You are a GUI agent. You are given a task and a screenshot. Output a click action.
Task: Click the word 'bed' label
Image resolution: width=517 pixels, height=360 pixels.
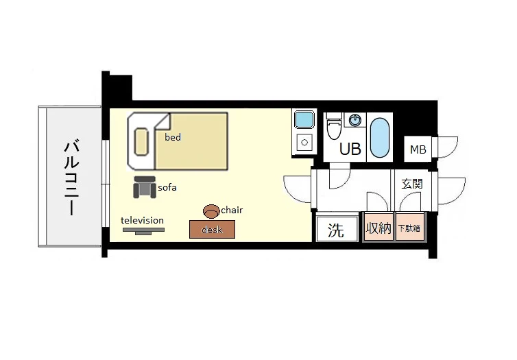[x=173, y=137]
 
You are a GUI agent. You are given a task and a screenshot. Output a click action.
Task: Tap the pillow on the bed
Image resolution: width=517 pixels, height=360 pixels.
[x=141, y=142]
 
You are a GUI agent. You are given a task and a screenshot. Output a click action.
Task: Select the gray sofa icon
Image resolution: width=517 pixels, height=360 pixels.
[x=145, y=187]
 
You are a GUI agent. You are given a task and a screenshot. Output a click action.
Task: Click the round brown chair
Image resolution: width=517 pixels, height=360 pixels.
[x=211, y=211]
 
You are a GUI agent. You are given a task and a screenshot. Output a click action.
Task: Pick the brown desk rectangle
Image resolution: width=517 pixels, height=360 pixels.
[x=212, y=230]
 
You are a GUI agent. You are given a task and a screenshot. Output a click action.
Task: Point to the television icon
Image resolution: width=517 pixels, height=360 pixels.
[x=143, y=231]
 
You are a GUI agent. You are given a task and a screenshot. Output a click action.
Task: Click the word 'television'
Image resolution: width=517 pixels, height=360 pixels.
[x=142, y=220]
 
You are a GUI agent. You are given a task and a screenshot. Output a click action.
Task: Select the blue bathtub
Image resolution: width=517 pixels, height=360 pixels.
[x=379, y=138]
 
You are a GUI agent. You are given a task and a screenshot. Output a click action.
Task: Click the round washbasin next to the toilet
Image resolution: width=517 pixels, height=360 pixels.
[x=354, y=120]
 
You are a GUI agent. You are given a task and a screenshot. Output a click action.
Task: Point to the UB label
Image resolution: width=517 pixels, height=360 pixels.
[x=350, y=149]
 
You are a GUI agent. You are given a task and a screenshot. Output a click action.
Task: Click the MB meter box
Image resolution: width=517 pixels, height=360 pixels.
[x=418, y=149]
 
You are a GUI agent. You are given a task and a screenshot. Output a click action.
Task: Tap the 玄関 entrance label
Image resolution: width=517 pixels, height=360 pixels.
[x=412, y=184]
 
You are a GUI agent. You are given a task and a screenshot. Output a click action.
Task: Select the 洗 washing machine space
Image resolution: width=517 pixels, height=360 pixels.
[x=337, y=229]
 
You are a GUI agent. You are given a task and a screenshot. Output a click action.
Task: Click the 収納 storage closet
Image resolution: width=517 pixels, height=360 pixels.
[x=378, y=228]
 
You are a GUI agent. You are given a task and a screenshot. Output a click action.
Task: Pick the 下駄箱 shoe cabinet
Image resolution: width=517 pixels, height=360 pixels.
[x=409, y=228]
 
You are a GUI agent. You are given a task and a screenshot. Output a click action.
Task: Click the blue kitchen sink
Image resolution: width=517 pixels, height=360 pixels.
[x=304, y=120]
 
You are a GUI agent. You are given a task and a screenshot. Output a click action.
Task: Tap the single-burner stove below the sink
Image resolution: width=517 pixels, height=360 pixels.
[x=304, y=143]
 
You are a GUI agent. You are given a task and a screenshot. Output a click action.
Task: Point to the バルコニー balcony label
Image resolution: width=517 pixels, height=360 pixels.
[x=71, y=178]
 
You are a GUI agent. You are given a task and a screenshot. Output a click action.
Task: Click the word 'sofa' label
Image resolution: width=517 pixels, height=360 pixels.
[x=167, y=188]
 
